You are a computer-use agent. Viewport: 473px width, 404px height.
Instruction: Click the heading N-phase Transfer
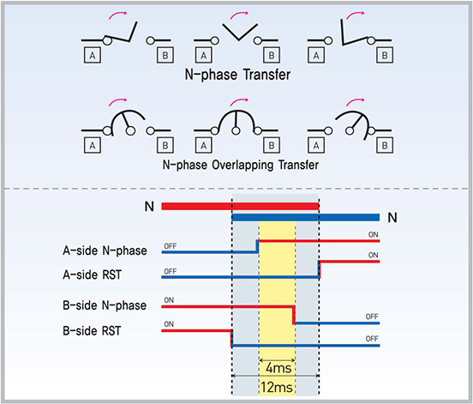[237, 75]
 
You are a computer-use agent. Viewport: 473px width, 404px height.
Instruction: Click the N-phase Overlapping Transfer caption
[241, 165]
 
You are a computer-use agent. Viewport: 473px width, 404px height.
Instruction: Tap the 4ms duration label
[278, 368]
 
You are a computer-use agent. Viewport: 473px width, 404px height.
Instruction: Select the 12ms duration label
[277, 387]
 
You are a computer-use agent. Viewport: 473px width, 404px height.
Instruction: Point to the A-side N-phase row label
[105, 250]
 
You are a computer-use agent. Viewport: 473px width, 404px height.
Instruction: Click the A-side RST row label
[92, 274]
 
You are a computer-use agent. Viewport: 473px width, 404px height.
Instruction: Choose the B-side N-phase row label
[105, 305]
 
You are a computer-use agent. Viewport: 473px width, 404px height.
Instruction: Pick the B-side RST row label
[92, 330]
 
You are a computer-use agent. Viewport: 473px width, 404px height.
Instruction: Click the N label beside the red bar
[149, 207]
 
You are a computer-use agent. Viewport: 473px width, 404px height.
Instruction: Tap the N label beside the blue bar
[392, 217]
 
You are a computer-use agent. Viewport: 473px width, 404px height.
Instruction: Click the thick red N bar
[240, 206]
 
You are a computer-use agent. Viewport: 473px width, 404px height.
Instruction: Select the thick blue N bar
[306, 217]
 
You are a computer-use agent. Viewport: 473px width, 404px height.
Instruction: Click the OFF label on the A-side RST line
[171, 271]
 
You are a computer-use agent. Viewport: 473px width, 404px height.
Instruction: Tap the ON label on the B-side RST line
[169, 324]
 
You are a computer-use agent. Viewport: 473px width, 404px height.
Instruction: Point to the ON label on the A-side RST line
[373, 255]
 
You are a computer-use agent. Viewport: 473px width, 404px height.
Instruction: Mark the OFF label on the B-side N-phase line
[372, 317]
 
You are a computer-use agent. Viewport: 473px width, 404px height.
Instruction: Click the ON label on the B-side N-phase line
[169, 300]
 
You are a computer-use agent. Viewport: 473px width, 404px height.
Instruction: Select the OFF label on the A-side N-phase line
[171, 246]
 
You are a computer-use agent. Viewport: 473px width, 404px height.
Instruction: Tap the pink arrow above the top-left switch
[118, 15]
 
